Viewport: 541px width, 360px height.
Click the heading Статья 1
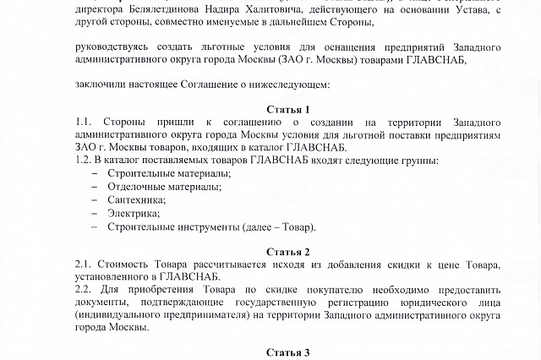pyautogui.click(x=288, y=109)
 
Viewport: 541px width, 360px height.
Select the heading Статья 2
pyautogui.click(x=288, y=252)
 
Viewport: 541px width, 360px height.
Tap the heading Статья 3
pyautogui.click(x=288, y=352)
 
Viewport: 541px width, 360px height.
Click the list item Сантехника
pyautogui.click(x=136, y=199)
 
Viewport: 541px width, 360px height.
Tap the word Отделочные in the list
pyautogui.click(x=138, y=186)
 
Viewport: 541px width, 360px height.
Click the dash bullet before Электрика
pyautogui.click(x=94, y=213)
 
